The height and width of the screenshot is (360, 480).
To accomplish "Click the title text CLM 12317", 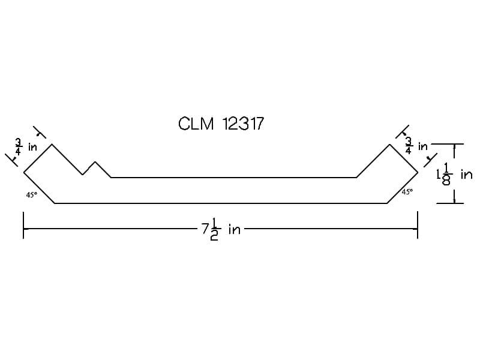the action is (221, 124).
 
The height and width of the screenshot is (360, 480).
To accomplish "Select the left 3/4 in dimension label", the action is (26, 147).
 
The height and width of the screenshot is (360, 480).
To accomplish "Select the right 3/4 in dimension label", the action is (416, 146).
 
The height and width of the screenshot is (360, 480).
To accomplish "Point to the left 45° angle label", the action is (32, 194).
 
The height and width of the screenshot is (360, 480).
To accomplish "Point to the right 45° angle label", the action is (407, 191).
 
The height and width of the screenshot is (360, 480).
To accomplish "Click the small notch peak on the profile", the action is (95, 161).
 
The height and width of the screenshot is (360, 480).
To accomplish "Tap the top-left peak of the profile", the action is (52, 144).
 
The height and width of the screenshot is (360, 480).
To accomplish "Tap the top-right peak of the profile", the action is (389, 145).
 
